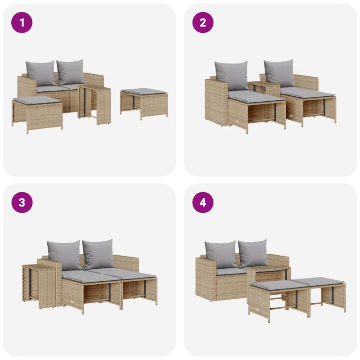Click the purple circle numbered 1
pyautogui.click(x=22, y=22)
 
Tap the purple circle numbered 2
pyautogui.click(x=202, y=22)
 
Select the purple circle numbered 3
pyautogui.click(x=22, y=202)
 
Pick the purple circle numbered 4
pyautogui.click(x=202, y=202)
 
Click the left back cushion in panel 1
pyautogui.click(x=40, y=73)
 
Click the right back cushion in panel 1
pyautogui.click(x=71, y=71)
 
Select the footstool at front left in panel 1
pyautogui.click(x=37, y=112)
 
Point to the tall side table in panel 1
pyautogui.click(x=95, y=104)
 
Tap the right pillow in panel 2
pyautogui.click(x=279, y=73)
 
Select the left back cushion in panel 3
pyautogui.click(x=64, y=255)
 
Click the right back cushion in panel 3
pyautogui.click(x=98, y=253)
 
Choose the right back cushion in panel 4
pyautogui.click(x=253, y=253)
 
